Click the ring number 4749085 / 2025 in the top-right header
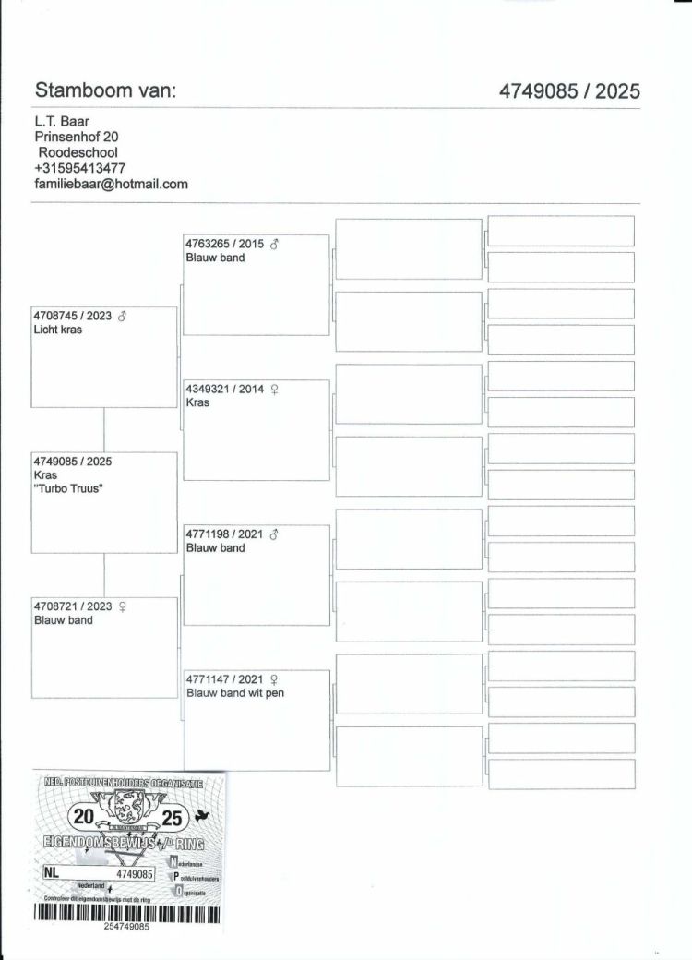coord(569,90)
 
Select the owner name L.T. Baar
coord(62,120)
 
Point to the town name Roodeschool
coord(78,152)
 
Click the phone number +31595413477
coord(79,168)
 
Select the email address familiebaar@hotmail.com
coord(111,184)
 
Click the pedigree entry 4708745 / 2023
coord(72,316)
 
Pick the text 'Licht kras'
coord(57,330)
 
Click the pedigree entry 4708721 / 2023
coord(72,606)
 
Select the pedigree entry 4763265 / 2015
coord(224,244)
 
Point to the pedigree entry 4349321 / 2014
coord(224,389)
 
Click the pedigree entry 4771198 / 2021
coord(224,534)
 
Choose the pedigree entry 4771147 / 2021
coord(224,679)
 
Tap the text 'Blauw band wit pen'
coord(234,693)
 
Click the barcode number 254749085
coord(126,926)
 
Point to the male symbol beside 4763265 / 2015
coord(274,244)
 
